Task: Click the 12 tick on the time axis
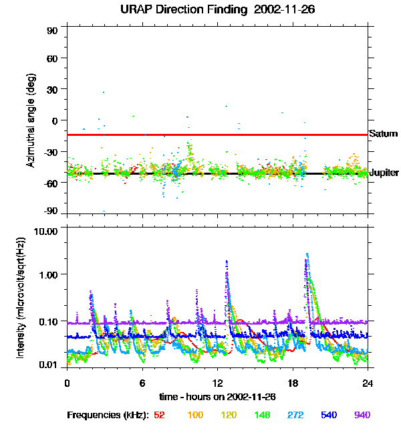pyautogui.click(x=218, y=383)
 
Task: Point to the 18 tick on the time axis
pyautogui.click(x=293, y=383)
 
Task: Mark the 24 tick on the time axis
pyautogui.click(x=368, y=383)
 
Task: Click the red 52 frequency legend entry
pyautogui.click(x=159, y=415)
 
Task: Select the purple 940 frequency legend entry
pyautogui.click(x=362, y=415)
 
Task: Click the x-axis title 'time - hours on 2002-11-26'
pyautogui.click(x=219, y=397)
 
